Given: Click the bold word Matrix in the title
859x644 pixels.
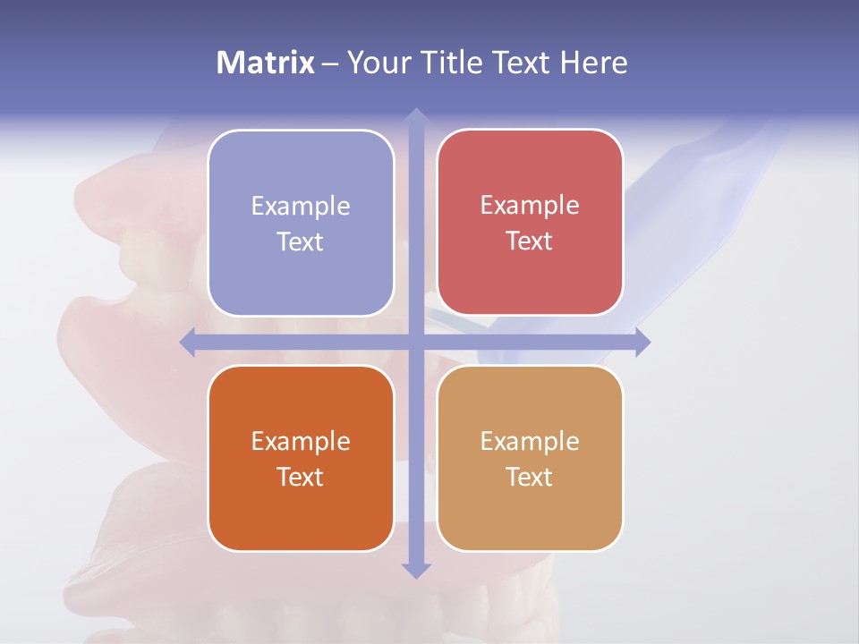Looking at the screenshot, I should click(x=266, y=63).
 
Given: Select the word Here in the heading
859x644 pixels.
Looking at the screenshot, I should click(x=593, y=63).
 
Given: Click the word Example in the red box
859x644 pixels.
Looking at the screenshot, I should click(x=530, y=205).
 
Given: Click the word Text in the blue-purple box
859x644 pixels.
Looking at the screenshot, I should click(x=300, y=241).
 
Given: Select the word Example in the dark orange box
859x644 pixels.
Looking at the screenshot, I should click(x=301, y=441).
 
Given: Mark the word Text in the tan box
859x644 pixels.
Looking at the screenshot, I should click(x=529, y=477).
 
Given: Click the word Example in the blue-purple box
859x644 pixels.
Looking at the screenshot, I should click(x=301, y=206).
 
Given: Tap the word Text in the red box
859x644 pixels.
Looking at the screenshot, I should click(x=529, y=241).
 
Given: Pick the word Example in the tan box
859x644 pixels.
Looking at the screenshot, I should click(x=530, y=441).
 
